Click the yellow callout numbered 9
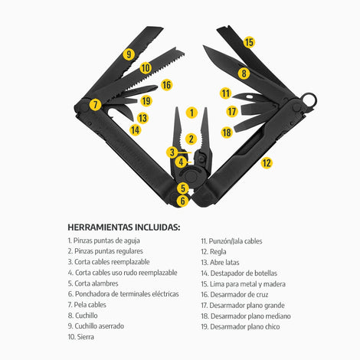point(129,54)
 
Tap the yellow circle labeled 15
point(249,42)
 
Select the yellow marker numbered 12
point(267,163)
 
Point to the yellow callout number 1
point(191,113)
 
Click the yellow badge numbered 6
point(183,201)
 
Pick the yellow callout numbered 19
point(146,101)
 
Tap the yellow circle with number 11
point(226,93)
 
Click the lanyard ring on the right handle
point(309,100)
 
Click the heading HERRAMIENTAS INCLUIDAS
point(124,227)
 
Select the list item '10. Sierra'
point(81,337)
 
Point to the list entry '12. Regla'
point(214,252)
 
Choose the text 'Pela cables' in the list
point(90,305)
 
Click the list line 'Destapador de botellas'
point(244,273)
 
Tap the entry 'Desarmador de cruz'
point(239,295)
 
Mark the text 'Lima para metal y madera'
point(247,284)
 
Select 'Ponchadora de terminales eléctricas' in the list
point(127,294)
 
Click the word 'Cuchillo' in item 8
point(87,316)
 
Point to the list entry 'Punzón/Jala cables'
point(235,241)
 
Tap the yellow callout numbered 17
point(232,112)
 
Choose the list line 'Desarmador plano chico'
point(245,326)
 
